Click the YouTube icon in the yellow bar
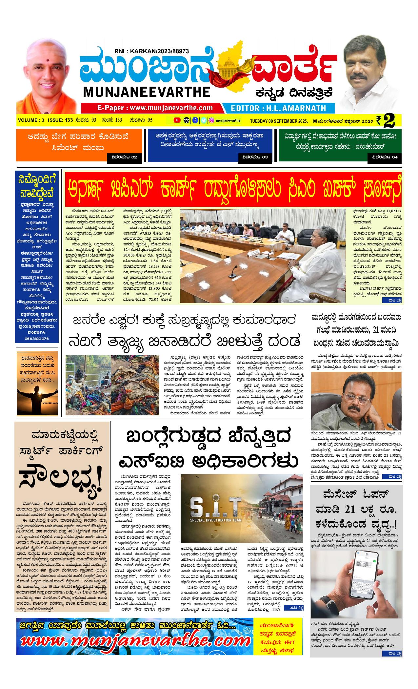(177, 120)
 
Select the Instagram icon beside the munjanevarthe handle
(212, 120)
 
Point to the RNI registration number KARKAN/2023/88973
(151, 51)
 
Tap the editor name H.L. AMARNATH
(278, 108)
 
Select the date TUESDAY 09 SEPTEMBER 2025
(278, 120)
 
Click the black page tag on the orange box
(124, 157)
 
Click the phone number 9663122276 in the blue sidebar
(36, 339)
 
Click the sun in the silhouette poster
(37, 393)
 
